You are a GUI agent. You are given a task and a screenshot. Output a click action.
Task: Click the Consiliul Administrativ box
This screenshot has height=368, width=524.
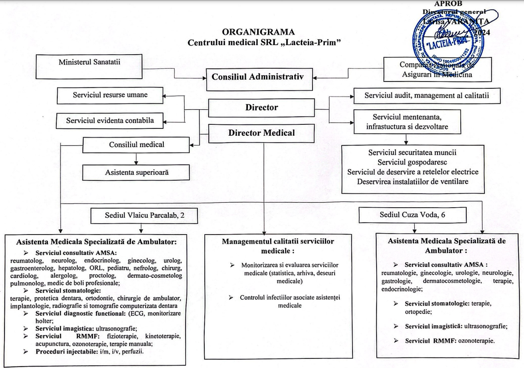click(x=260, y=77)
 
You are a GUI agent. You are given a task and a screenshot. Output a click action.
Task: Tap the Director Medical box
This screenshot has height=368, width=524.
click(x=261, y=133)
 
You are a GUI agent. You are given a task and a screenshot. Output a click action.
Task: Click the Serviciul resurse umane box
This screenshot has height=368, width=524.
click(x=111, y=96)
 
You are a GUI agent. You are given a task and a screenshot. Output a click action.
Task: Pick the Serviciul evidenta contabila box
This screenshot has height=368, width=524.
click(x=111, y=121)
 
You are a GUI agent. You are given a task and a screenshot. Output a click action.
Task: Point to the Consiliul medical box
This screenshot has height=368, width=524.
click(x=136, y=145)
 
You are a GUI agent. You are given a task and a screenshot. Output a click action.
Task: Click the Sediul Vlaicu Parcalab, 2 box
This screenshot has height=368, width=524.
click(x=144, y=215)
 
